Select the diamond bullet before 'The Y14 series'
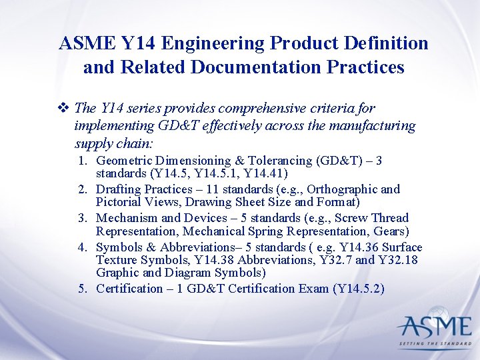tap(65, 108)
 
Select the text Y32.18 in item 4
tap(397, 260)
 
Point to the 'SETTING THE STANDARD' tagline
tap(434, 345)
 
